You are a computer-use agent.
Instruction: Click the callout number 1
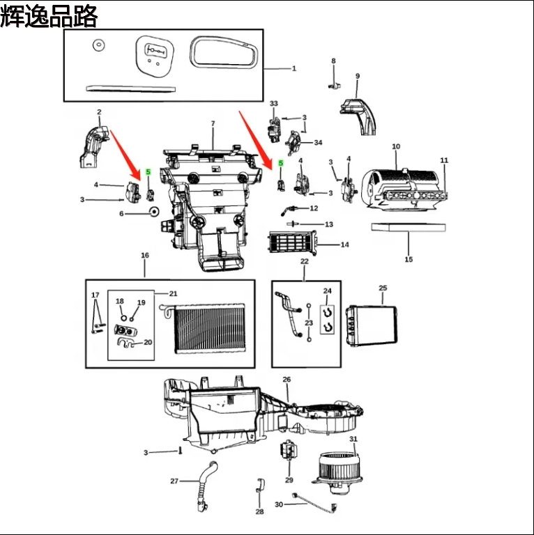click(x=294, y=68)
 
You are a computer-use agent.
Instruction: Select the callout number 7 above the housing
click(x=213, y=124)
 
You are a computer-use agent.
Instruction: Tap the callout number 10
click(x=396, y=147)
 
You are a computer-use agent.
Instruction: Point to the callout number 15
click(x=409, y=259)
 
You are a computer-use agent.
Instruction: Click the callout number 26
click(x=287, y=380)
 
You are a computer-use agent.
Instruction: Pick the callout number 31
click(x=353, y=439)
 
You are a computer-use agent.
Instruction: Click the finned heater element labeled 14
click(x=292, y=244)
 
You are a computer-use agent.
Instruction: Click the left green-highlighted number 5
click(x=148, y=172)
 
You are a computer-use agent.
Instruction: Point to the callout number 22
click(x=304, y=261)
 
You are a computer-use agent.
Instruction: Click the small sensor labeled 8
click(x=333, y=84)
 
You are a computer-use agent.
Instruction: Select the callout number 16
click(x=145, y=256)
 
